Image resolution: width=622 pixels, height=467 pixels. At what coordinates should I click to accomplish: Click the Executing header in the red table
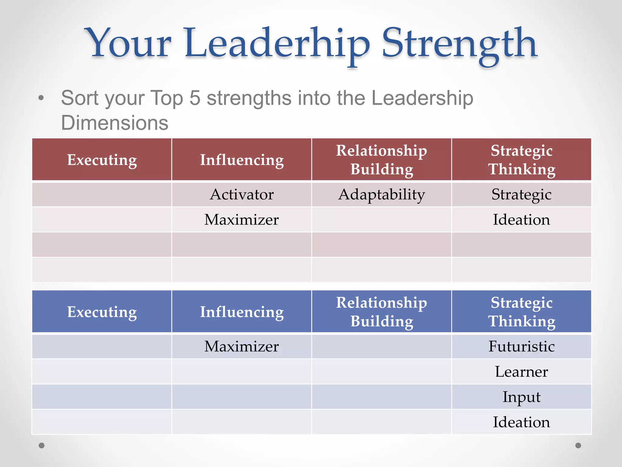(x=102, y=160)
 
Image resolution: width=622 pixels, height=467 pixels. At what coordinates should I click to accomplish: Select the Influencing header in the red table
(x=242, y=160)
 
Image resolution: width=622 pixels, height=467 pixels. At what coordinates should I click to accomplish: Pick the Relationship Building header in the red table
(x=381, y=160)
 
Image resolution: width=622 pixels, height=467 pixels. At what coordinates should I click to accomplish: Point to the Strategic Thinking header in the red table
(x=521, y=160)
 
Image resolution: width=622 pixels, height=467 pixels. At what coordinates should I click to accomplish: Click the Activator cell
(x=242, y=195)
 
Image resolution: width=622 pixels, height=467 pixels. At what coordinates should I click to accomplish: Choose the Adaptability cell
(x=381, y=195)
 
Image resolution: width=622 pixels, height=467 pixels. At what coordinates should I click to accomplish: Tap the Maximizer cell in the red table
(x=242, y=220)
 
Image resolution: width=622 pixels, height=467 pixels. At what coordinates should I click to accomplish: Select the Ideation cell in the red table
(x=521, y=220)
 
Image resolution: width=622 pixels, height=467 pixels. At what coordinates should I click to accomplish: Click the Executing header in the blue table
(x=102, y=312)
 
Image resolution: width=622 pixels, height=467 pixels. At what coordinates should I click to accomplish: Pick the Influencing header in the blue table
(x=242, y=312)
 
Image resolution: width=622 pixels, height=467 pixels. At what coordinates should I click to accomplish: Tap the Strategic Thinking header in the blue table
(x=521, y=312)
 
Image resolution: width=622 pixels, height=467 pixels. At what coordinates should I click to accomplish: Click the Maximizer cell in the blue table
(x=242, y=347)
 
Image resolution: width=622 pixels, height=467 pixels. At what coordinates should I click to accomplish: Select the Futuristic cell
(x=521, y=347)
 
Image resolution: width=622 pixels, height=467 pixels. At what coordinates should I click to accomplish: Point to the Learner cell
(x=521, y=372)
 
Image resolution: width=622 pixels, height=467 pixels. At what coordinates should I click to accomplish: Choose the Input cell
(x=521, y=397)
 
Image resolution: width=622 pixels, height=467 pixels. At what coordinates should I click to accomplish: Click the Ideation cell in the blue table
(x=521, y=422)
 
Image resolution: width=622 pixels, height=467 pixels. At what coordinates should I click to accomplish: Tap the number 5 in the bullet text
(x=195, y=98)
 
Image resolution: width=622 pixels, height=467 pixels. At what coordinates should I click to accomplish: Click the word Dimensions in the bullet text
(x=115, y=123)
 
